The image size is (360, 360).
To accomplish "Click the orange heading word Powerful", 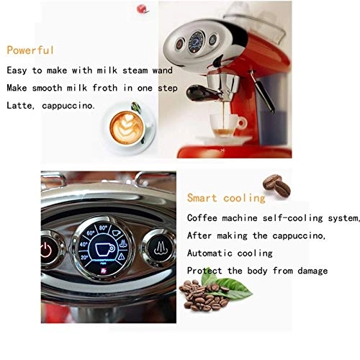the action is [x=30, y=50].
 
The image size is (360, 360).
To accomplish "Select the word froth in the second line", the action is [x=105, y=88].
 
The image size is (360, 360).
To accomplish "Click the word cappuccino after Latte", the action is [x=68, y=106].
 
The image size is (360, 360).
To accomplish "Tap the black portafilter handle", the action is [x=200, y=93].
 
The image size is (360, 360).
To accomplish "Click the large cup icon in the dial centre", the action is [x=104, y=249].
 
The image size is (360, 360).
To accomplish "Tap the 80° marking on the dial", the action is [x=103, y=228].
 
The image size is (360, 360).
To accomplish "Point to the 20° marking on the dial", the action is [x=84, y=258].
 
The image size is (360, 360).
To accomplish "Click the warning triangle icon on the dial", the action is [x=122, y=256].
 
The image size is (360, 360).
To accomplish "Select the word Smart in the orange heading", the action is [x=202, y=198].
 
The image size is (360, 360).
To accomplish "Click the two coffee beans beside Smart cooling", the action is [x=276, y=185].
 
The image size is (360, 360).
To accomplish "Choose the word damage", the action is [x=312, y=271].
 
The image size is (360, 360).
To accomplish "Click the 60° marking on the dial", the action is [x=91, y=233].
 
